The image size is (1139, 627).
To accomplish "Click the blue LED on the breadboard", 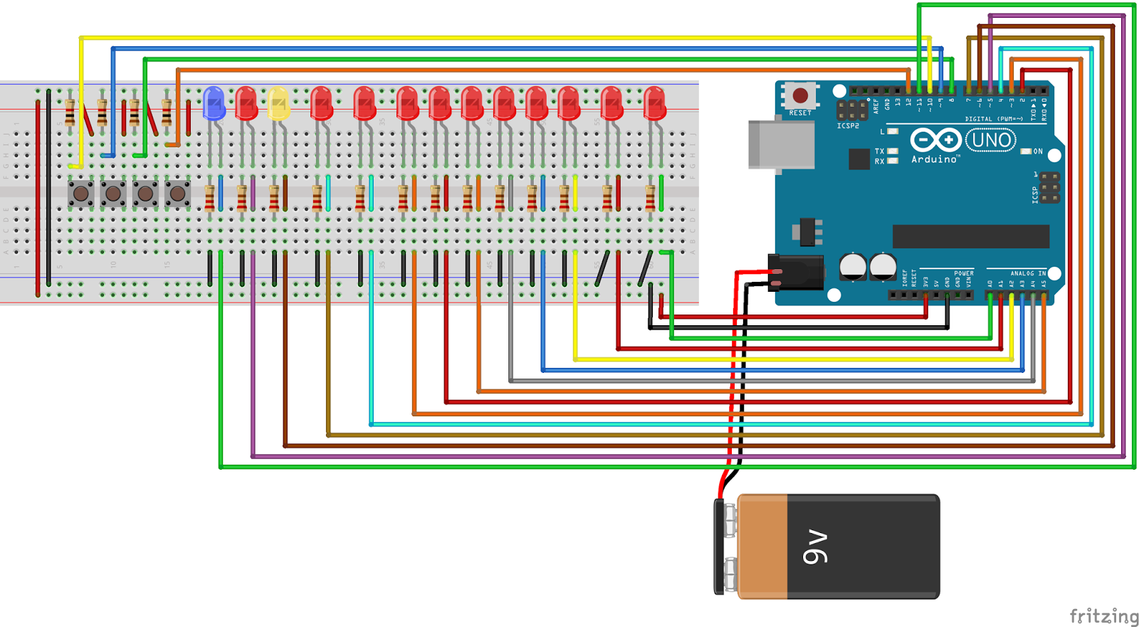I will coord(214,103).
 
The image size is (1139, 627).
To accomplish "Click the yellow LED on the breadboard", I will coord(278,103).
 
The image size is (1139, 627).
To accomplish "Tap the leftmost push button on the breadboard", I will coord(80,193).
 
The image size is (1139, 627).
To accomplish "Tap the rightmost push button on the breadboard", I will coord(177,193).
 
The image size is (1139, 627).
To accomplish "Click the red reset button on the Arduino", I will coord(800,95).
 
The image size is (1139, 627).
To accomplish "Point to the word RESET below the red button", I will coord(800,113).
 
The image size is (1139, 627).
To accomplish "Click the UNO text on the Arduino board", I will coord(990,140).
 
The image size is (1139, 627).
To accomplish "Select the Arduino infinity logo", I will coord(935,140).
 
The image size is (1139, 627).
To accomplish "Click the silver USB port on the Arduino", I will coord(781,145).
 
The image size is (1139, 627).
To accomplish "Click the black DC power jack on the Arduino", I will coord(797,273).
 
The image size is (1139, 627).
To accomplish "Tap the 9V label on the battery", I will coord(816,547).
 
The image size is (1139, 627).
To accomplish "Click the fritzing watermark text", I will coord(1104,616).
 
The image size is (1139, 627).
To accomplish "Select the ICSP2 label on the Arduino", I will coord(847,126).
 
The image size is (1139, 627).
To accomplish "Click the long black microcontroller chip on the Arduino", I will coord(970,236).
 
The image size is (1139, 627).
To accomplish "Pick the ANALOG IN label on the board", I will coord(1028,273).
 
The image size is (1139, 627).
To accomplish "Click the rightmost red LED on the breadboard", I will coord(654,103).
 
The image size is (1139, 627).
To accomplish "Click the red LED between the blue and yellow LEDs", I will coord(246,103).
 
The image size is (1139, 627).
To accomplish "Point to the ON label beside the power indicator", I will coord(1038,152).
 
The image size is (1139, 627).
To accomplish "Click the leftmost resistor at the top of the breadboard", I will coord(70,112).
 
